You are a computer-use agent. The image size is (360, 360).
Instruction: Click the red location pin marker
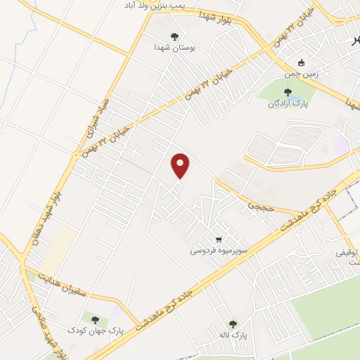tap(181, 166)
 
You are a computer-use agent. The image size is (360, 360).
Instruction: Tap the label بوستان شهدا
tap(173, 48)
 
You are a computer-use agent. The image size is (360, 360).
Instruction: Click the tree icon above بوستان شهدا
tap(174, 37)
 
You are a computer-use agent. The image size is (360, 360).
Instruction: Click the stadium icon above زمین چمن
tap(302, 62)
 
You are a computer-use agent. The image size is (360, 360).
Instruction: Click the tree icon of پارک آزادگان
tap(287, 91)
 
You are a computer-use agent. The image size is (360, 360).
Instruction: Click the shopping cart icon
tap(219, 238)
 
